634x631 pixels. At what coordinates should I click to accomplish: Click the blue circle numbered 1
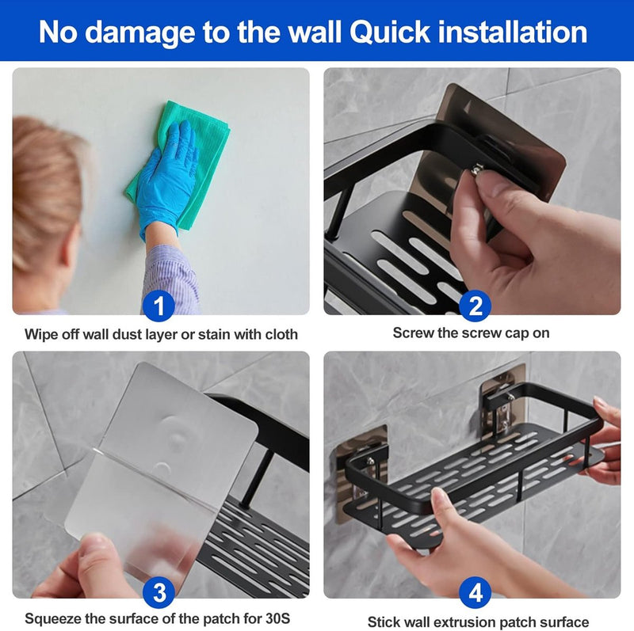tap(159, 306)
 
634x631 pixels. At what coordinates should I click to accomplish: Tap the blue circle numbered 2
tap(475, 306)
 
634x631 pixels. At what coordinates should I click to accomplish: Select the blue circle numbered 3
tap(159, 592)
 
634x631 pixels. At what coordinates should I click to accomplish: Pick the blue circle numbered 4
tap(475, 592)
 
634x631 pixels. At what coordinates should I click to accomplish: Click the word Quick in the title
tap(390, 32)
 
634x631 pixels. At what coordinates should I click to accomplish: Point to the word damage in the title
tap(140, 33)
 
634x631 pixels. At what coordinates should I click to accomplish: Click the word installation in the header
tap(512, 32)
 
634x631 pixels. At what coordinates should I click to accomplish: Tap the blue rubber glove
tap(166, 178)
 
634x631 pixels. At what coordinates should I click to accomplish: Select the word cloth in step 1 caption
tap(281, 334)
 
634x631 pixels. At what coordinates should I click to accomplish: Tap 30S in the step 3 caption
tap(278, 618)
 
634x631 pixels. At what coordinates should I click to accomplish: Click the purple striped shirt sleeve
tap(172, 279)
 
